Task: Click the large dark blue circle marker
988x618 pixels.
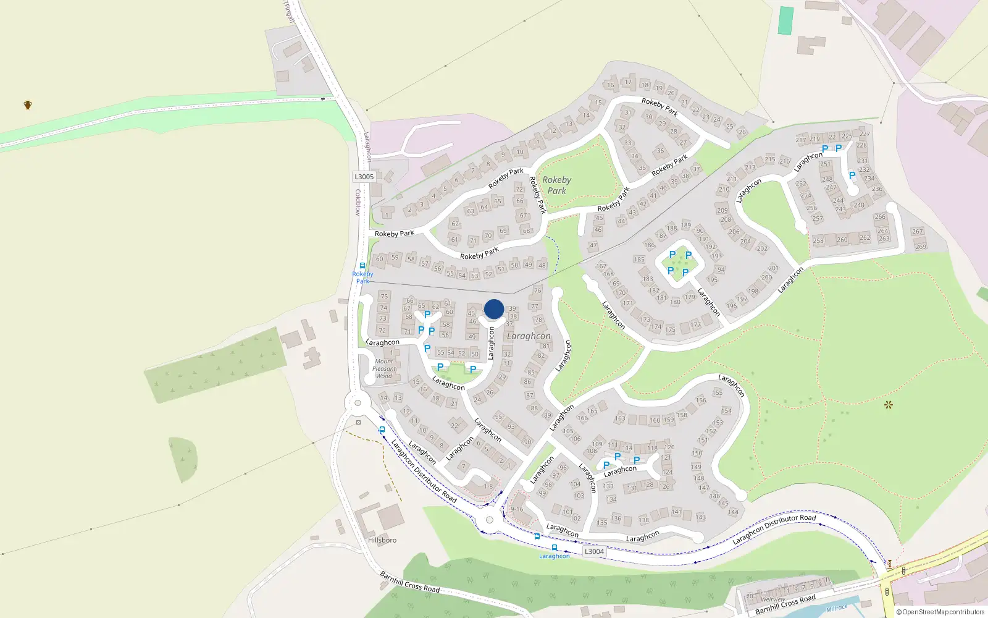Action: tap(494, 309)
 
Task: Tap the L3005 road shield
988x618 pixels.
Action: tap(364, 177)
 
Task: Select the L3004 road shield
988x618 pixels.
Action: tap(594, 551)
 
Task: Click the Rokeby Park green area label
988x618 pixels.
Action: tap(556, 185)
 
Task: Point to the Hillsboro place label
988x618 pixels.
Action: tap(382, 540)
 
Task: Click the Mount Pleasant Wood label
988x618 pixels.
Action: tap(384, 368)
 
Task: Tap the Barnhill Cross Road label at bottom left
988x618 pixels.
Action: tap(410, 582)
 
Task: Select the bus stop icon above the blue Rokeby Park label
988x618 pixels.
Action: tap(362, 266)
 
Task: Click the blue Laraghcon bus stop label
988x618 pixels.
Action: tap(555, 556)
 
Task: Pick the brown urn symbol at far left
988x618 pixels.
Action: tap(28, 104)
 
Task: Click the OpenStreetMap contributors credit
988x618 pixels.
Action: tap(940, 612)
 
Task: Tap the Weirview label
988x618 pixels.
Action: tap(773, 599)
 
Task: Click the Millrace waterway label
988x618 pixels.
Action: tap(837, 609)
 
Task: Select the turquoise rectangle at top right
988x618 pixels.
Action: tap(785, 20)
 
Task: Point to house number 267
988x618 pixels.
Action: tap(917, 232)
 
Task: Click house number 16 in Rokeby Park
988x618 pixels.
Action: tap(611, 85)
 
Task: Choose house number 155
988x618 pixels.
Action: tap(717, 392)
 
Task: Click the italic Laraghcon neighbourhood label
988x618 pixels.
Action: tap(529, 336)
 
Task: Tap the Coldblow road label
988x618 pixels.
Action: tap(357, 202)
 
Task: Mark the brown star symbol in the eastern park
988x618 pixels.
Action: tap(889, 405)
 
